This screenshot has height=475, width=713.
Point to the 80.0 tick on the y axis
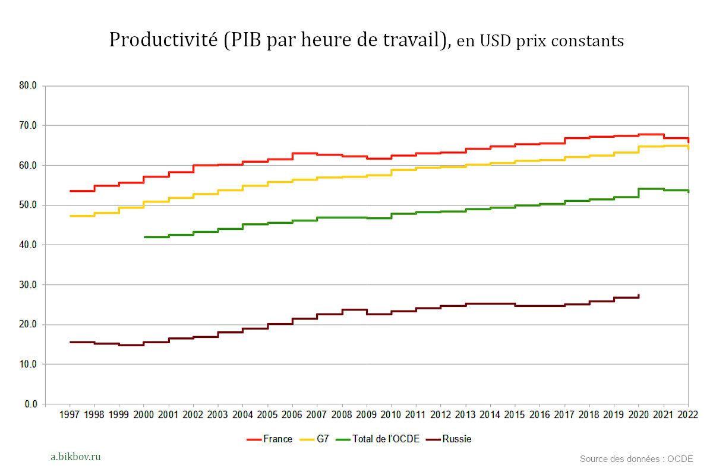tap(27, 85)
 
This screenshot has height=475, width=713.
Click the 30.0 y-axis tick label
tap(27, 285)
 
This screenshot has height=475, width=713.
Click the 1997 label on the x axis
tap(70, 414)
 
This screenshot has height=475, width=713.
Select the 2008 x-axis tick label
tap(341, 414)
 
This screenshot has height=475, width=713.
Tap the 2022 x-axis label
tap(687, 414)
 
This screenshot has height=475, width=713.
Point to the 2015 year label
tap(514, 414)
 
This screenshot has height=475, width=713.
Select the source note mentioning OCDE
tap(636, 458)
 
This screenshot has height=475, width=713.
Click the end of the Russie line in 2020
tap(639, 295)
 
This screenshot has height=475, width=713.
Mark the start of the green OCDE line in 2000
tap(145, 237)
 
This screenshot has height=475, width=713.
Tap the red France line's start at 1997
tap(71, 191)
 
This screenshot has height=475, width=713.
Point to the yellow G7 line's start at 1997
tap(71, 216)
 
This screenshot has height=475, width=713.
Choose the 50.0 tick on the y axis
tap(27, 205)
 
